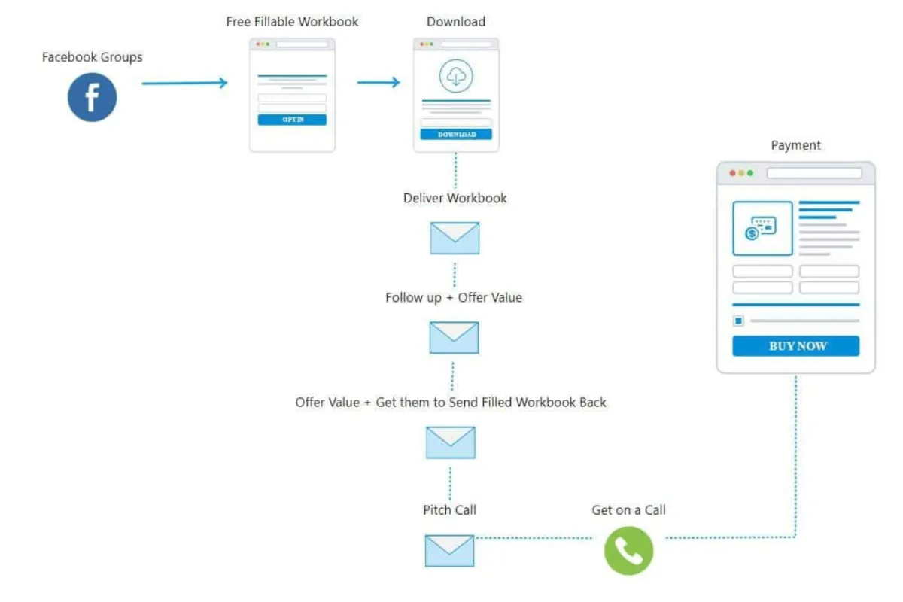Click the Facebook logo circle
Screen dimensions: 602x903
[x=92, y=97]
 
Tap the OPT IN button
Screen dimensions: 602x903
[x=292, y=120]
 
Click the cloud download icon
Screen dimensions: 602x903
[x=456, y=76]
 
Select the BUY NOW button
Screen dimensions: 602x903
[x=796, y=346]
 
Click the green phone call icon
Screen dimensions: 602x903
[x=628, y=551]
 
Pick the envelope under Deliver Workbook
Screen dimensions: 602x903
[x=455, y=238]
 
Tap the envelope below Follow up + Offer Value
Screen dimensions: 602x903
[x=454, y=338]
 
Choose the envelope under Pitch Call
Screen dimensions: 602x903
[x=449, y=550]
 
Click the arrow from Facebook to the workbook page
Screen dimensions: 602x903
[x=184, y=83]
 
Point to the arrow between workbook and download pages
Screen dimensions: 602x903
[x=379, y=82]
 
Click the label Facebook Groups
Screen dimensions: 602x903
[x=92, y=57]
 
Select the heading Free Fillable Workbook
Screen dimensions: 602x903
[x=292, y=22]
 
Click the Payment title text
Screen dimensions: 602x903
[x=796, y=145]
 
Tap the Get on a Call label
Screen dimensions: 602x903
[x=628, y=510]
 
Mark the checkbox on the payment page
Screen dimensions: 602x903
[x=738, y=321]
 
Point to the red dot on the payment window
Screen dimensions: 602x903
[x=732, y=173]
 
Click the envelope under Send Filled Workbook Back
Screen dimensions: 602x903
[x=450, y=442]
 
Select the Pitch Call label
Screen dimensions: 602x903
[x=449, y=510]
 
